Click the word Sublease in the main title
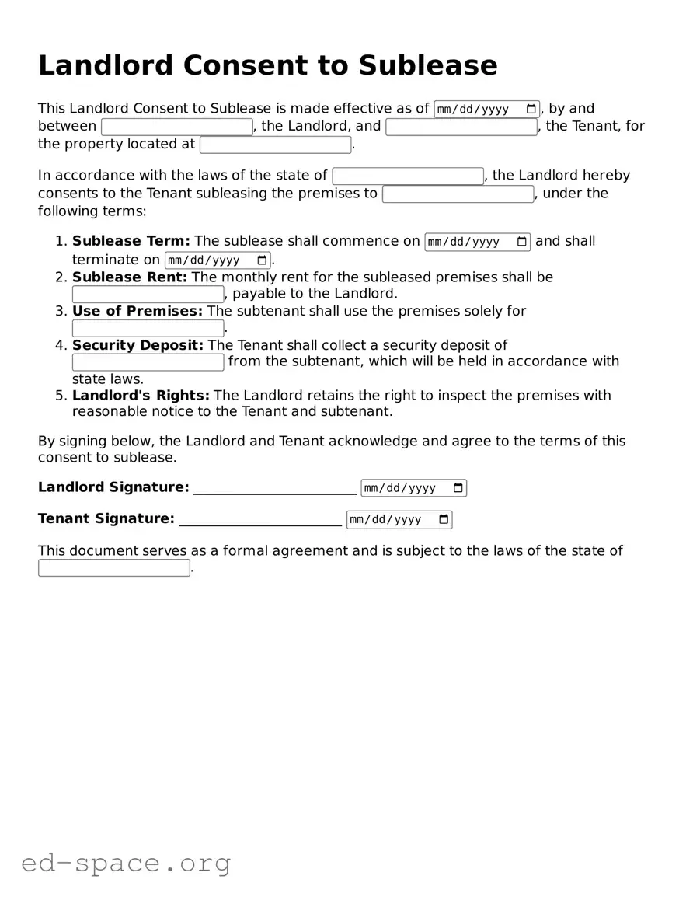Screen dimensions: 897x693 click(427, 65)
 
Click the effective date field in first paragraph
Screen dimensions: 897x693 click(486, 109)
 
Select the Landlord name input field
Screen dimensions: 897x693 click(176, 127)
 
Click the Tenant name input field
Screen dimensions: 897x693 click(461, 127)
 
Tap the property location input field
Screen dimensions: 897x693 click(275, 145)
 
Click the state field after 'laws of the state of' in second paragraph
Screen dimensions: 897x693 click(407, 176)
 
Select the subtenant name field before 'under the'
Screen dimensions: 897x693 click(458, 194)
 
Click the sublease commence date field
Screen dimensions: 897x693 click(477, 242)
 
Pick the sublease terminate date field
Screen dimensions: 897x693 click(217, 260)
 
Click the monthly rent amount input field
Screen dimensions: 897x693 click(148, 295)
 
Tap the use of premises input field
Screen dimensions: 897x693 click(148, 328)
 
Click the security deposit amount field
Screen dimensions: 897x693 click(148, 362)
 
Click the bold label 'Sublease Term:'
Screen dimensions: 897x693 click(131, 241)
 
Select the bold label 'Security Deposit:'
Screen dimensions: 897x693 click(138, 344)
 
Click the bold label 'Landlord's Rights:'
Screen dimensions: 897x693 click(141, 395)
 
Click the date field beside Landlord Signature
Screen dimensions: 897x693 click(413, 488)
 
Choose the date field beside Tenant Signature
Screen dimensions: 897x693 click(399, 519)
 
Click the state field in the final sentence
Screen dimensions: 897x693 click(113, 568)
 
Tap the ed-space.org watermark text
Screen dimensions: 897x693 click(126, 863)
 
